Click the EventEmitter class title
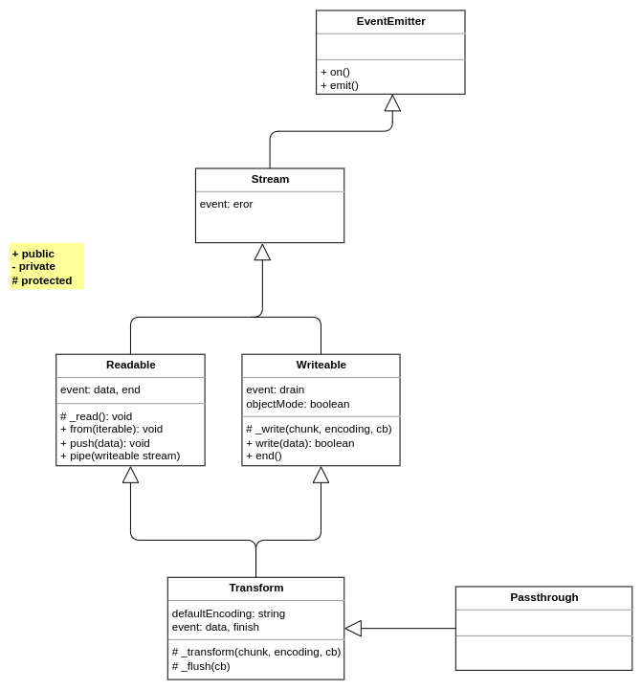pos(390,21)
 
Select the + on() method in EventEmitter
pos(336,72)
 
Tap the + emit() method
pos(340,85)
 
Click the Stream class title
pos(270,179)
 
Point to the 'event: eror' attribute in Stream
pos(227,204)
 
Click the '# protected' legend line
pos(42,280)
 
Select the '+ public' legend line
pos(33,254)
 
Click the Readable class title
pos(130,365)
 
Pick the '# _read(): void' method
pos(96,416)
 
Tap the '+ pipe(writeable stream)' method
pos(120,456)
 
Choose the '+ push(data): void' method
pos(105,443)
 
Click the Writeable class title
pos(321,365)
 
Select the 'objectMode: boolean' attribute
pos(298,404)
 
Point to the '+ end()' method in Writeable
pos(264,456)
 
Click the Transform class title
pos(255,588)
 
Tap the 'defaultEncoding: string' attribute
pos(229,613)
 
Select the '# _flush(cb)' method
pos(201,666)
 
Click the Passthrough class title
pos(543,597)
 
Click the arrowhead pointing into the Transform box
pos(353,629)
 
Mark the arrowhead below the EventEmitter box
pos(392,103)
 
